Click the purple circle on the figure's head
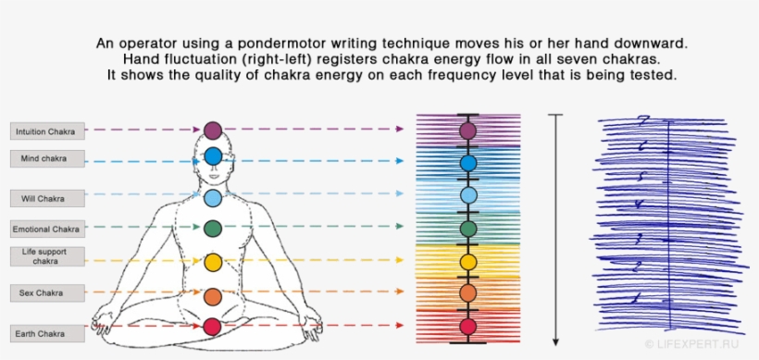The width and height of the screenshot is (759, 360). click(x=213, y=130)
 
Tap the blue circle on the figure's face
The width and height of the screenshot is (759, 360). click(x=213, y=155)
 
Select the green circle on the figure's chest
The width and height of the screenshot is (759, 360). click(x=213, y=228)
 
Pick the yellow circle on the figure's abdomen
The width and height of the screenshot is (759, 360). click(x=213, y=263)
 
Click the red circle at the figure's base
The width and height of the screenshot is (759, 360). click(x=213, y=326)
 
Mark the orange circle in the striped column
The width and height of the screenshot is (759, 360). click(x=467, y=292)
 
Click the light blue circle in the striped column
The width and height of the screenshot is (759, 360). click(x=467, y=195)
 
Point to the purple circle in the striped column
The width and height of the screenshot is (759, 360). click(x=467, y=130)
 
